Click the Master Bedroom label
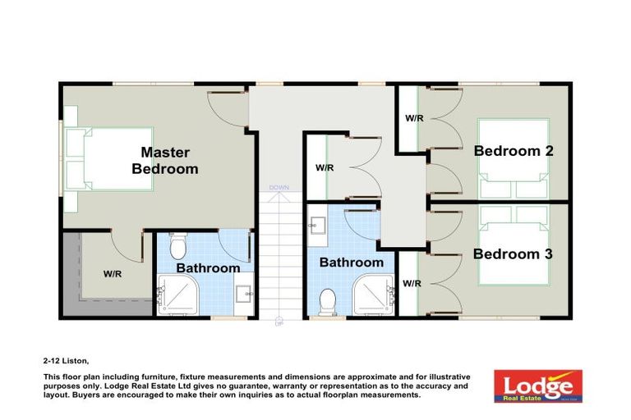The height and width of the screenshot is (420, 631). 165,161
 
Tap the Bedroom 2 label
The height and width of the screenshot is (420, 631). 513,151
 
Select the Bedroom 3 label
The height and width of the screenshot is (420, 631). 513,254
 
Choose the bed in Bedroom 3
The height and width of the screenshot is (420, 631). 514,246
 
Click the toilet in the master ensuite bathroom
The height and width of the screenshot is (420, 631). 177,245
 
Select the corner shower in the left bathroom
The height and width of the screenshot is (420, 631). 173,295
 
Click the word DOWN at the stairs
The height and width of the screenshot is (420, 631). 279,187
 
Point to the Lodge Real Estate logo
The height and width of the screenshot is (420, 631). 538,385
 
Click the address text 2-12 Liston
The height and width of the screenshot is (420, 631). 66,360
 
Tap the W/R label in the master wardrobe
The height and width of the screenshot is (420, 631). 113,273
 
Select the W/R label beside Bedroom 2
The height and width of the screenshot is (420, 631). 414,118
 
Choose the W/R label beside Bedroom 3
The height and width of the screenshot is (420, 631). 412,284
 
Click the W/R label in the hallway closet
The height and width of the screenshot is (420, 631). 325,168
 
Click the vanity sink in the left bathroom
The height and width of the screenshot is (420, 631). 244,292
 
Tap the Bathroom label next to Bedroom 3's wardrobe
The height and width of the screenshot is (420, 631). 352,262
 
